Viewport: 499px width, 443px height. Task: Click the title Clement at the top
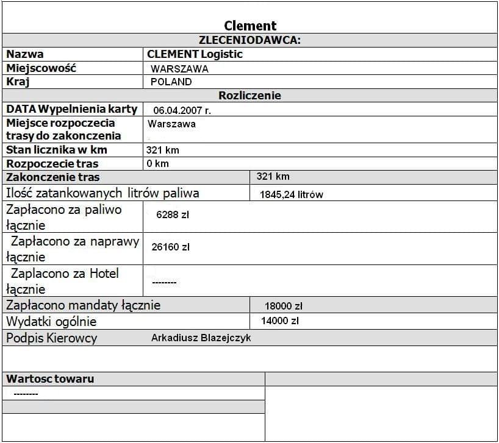(250, 26)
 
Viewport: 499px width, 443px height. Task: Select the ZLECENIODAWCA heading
(250, 40)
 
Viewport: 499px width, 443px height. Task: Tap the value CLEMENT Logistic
(195, 54)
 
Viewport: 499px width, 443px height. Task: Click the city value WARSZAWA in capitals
(179, 69)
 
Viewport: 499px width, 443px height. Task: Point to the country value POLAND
(171, 82)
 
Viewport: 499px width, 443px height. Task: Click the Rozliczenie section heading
(249, 95)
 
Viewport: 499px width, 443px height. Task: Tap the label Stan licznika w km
(57, 150)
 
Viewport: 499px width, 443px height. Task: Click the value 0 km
(157, 163)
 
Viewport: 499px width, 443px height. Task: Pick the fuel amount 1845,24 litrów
(291, 195)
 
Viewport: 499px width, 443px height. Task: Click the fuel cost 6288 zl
(173, 214)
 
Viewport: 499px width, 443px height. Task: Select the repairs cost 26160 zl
(171, 247)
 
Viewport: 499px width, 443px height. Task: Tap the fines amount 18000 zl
(284, 306)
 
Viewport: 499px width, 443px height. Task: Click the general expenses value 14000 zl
(279, 321)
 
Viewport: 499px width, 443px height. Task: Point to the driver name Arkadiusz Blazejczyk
(201, 338)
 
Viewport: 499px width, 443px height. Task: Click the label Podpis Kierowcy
(51, 338)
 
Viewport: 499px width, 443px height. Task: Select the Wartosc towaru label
(50, 379)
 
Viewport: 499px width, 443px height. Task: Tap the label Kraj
(18, 82)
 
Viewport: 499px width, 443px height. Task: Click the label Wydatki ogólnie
(51, 322)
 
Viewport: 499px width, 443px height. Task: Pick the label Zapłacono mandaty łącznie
(83, 305)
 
